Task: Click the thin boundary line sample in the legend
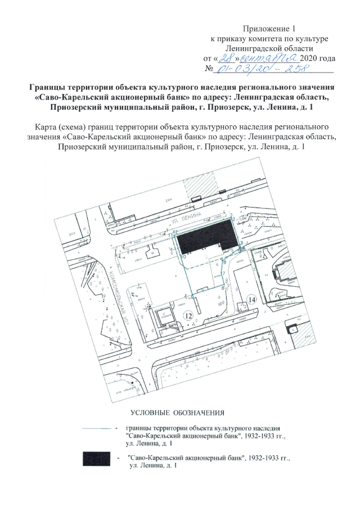click(x=99, y=429)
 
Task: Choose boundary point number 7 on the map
click(x=223, y=274)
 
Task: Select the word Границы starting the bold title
click(x=48, y=88)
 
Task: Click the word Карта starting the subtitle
click(x=46, y=127)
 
